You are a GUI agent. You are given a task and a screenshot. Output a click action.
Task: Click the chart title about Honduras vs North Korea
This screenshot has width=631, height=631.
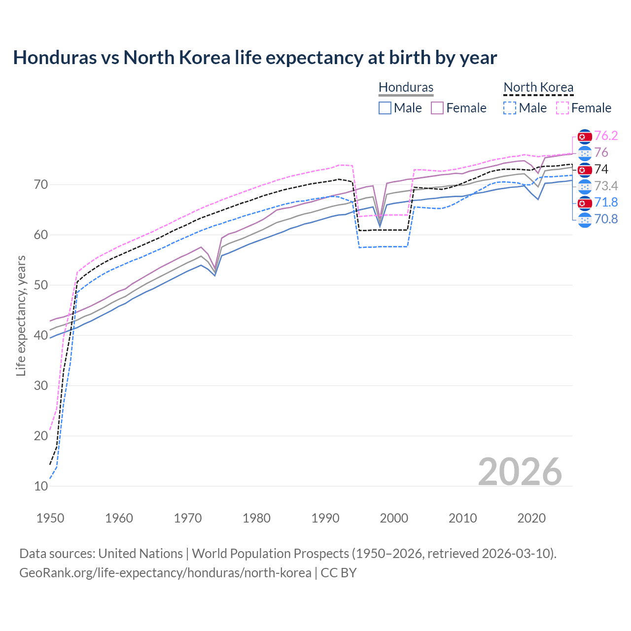coord(255,58)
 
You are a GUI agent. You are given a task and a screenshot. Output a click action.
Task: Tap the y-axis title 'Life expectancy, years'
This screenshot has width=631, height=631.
coord(21,315)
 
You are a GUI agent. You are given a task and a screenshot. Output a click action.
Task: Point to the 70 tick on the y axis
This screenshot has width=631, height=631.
coord(41,185)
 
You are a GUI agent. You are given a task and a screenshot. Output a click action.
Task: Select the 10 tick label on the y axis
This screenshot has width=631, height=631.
coord(41,486)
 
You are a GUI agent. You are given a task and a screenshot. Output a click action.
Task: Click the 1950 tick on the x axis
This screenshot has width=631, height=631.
coord(50,518)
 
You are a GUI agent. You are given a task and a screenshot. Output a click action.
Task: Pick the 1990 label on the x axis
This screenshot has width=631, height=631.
coord(325,518)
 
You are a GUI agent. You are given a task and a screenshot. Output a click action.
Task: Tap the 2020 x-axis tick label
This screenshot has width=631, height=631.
coord(531,518)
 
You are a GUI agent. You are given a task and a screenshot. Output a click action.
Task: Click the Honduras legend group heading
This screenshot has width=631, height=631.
coord(406,87)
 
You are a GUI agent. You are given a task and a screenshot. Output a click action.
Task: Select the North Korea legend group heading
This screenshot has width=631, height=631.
coord(538,87)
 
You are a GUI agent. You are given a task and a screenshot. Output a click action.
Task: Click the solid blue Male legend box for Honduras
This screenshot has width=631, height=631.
coord(385,108)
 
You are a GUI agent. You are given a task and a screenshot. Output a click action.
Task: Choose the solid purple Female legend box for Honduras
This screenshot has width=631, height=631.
coord(437,108)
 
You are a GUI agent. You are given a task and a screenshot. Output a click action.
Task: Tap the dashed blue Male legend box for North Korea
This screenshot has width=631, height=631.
coord(510,108)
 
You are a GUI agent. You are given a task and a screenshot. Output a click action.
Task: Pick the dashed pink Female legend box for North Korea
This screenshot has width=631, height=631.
coord(562,108)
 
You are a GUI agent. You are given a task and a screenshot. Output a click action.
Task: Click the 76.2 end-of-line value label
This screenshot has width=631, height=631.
coord(606,136)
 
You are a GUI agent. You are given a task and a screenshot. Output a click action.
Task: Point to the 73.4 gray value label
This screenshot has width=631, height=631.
coord(606,186)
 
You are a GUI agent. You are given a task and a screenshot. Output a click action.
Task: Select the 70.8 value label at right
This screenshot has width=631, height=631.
coord(606,219)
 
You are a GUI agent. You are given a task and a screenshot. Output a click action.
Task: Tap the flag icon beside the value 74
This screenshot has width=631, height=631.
coord(585,170)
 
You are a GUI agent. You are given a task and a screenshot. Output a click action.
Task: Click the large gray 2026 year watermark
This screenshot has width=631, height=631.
coord(520,472)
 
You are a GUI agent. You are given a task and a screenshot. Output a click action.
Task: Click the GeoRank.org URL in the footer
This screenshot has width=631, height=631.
coord(165,573)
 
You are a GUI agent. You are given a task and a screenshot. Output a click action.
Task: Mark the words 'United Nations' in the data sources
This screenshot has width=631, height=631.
coord(140,554)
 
